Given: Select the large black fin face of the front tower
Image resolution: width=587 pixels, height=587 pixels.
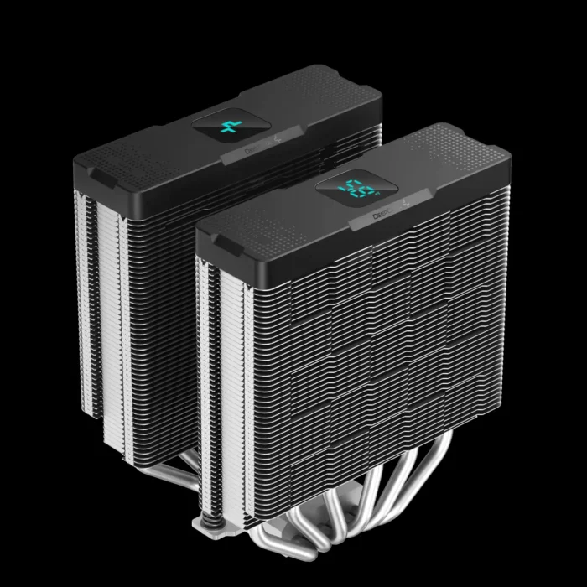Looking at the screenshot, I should [369, 335].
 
